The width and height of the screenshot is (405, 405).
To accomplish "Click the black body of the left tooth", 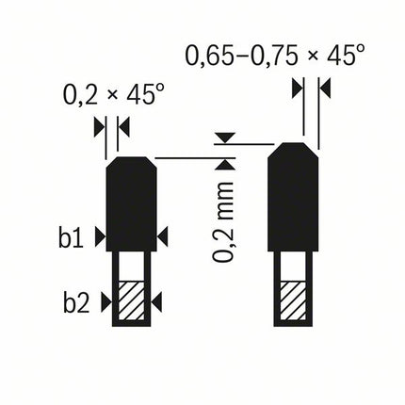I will (x=132, y=202).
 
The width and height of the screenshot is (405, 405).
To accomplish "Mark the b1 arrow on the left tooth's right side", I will (x=162, y=235).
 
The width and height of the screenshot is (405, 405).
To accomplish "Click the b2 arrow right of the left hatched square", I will (x=156, y=300).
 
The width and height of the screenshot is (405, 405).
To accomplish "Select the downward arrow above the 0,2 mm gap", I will (x=223, y=138).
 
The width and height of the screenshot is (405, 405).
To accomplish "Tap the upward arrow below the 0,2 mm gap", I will (x=223, y=164).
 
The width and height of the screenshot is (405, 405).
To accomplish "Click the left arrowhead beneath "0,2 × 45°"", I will (x=100, y=125).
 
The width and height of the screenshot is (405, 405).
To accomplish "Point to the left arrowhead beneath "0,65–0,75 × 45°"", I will (x=296, y=89).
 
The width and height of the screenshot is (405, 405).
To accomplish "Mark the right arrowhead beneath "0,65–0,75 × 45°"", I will (x=326, y=89).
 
